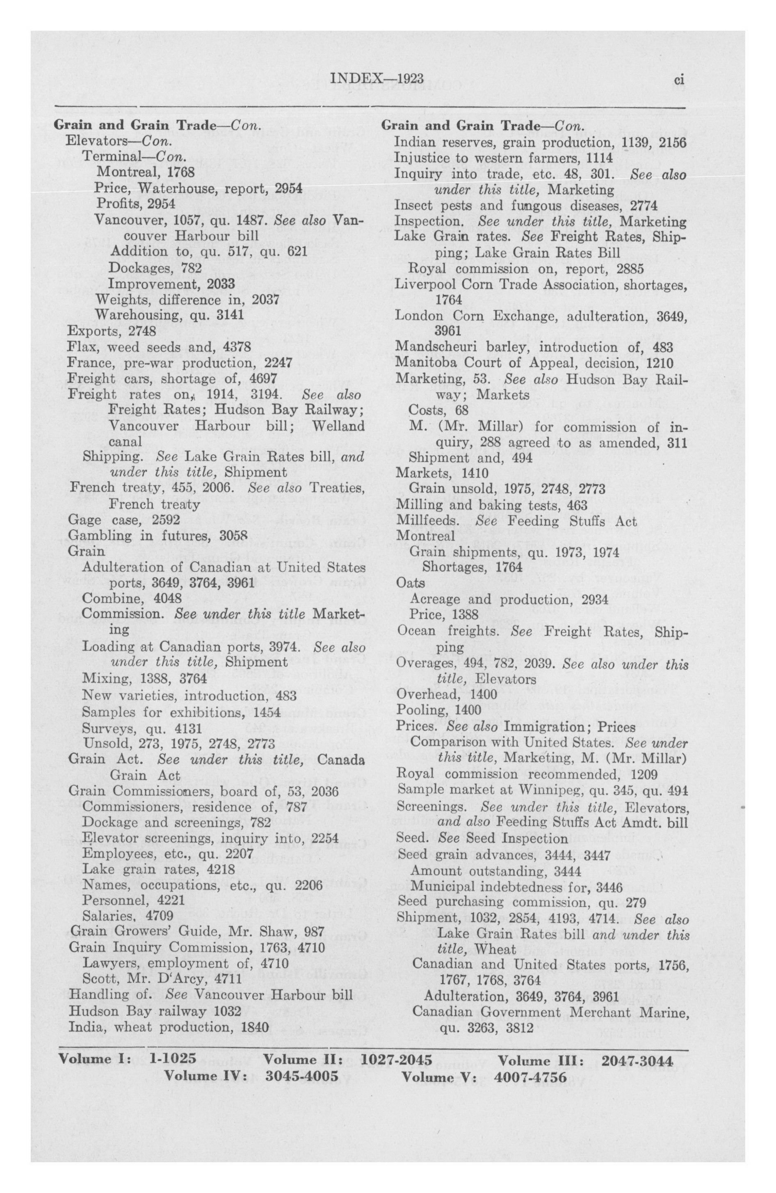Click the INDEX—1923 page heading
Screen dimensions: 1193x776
[378, 78]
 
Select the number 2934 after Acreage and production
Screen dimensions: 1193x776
[595, 599]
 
